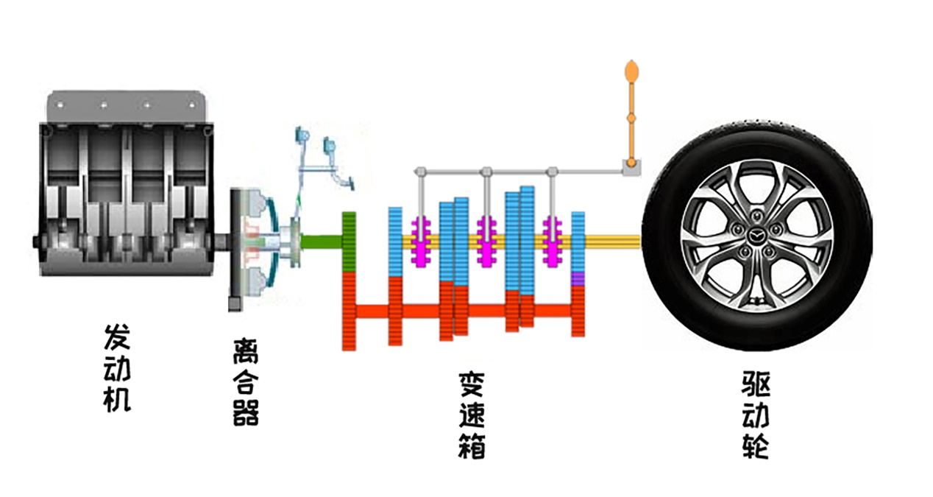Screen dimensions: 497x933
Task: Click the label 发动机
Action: click(x=118, y=367)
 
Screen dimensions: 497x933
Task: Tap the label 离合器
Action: click(x=245, y=382)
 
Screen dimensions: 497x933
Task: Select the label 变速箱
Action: click(x=471, y=415)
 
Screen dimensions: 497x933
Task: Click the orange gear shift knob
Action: click(x=631, y=72)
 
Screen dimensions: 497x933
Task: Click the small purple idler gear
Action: click(x=578, y=279)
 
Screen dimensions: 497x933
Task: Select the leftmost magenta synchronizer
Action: click(x=422, y=241)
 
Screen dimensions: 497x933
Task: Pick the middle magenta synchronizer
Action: click(x=486, y=241)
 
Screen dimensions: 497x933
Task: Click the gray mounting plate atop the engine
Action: click(x=125, y=105)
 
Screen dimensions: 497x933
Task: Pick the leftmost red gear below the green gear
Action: click(x=350, y=310)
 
